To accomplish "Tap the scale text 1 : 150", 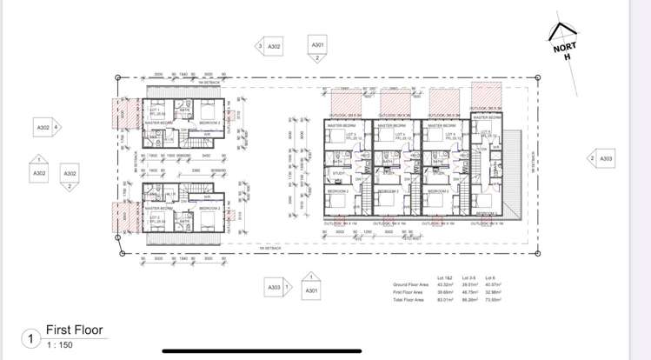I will click(59, 344).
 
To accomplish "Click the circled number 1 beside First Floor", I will click(30, 337).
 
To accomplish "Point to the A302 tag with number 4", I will click(43, 127).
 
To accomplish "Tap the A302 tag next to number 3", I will click(274, 46).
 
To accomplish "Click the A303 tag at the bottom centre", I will click(274, 287).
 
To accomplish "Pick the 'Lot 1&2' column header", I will click(444, 277).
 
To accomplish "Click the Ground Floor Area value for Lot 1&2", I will click(444, 284).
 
